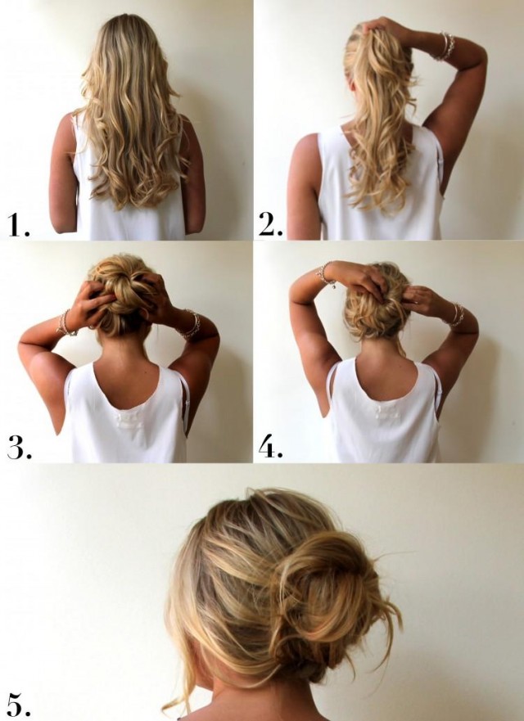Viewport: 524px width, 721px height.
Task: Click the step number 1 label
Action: tap(18, 225)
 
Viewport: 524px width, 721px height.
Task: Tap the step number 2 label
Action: tap(270, 225)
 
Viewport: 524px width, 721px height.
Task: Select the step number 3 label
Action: tap(19, 448)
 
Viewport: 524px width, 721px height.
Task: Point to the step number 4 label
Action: tap(270, 447)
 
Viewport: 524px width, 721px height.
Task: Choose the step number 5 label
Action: tap(19, 704)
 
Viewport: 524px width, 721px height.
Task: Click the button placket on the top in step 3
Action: tap(129, 421)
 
